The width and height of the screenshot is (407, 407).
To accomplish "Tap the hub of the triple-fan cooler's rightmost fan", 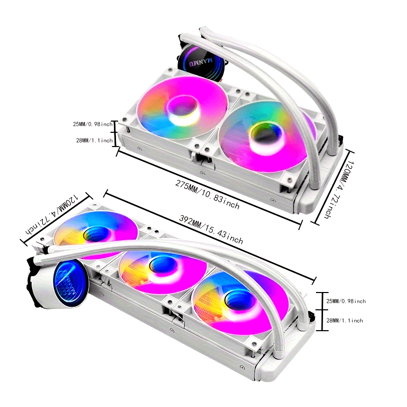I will pyautogui.click(x=236, y=297).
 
